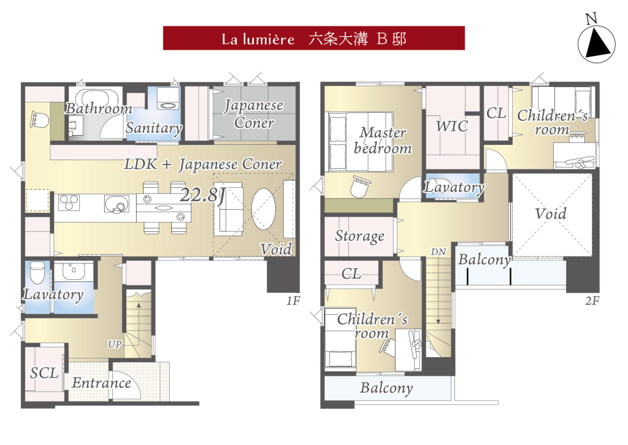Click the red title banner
point(313,38)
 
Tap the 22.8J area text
point(202,195)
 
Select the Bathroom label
point(99,108)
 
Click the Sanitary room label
point(154,128)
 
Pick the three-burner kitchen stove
point(69,203)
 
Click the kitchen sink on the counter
point(117,204)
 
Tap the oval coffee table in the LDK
point(264,209)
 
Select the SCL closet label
point(44,373)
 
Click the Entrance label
point(102,383)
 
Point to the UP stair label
point(115,344)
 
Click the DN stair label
point(438,252)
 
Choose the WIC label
point(452,126)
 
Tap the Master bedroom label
point(383,141)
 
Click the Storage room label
point(359,236)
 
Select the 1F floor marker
point(293,301)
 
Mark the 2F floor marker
point(592,301)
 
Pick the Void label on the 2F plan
point(551,213)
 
